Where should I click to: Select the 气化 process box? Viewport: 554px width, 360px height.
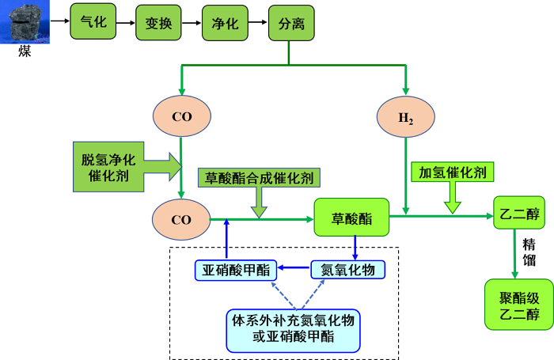[93, 22]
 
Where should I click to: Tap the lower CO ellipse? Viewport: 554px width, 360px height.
[181, 220]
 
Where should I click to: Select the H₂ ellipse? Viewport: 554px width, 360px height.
[406, 118]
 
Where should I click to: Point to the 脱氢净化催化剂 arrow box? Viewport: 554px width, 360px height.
[123, 166]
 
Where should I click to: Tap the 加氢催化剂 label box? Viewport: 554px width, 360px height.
[453, 172]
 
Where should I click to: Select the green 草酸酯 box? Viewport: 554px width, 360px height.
[353, 217]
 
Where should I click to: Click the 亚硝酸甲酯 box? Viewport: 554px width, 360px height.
[235, 271]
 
